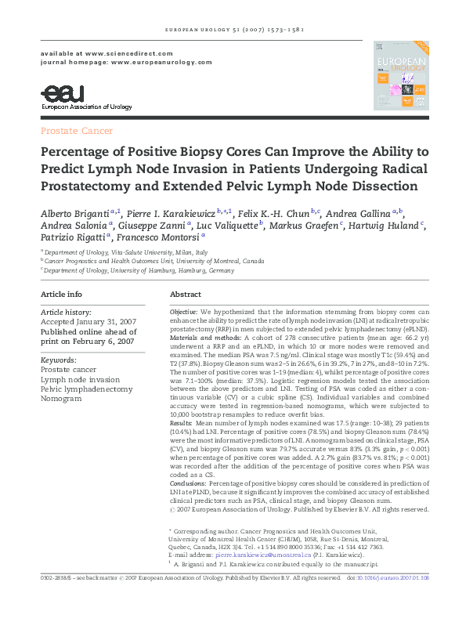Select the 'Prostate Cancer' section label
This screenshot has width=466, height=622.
(x=77, y=131)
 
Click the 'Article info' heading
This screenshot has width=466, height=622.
(x=61, y=295)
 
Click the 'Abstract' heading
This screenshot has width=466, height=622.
(x=186, y=295)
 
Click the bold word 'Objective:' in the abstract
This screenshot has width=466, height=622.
(x=184, y=312)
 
